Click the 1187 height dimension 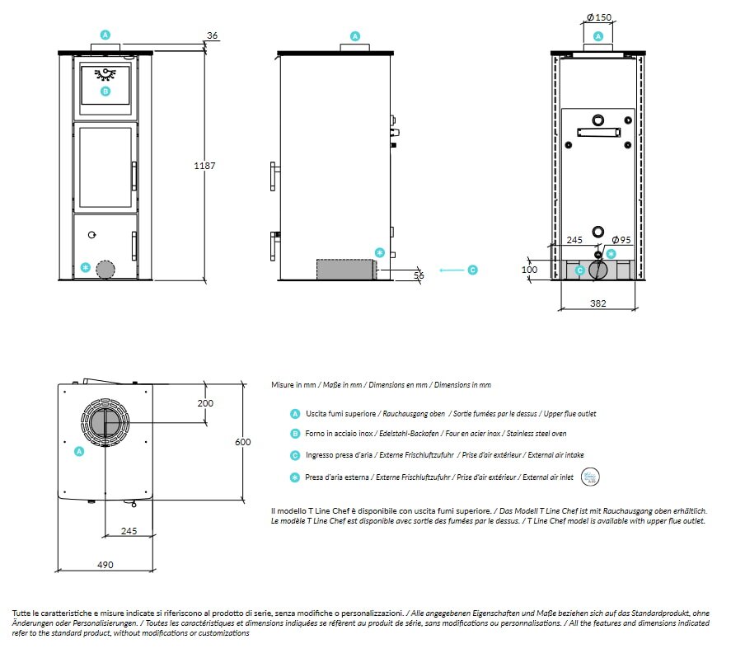pos(204,166)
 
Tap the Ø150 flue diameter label pos(599,17)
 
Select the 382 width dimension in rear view pos(598,303)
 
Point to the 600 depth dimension pos(243,442)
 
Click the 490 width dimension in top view pos(105,565)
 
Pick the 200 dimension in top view pos(205,403)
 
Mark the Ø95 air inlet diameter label pos(621,240)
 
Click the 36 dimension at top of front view pos(212,35)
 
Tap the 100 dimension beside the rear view pos(530,270)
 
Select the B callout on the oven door pos(105,91)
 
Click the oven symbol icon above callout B pos(105,73)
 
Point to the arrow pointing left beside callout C pos(452,270)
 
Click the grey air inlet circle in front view pos(105,270)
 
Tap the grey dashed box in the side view pos(346,270)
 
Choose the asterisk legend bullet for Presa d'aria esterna pos(295,477)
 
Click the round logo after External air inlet pos(590,477)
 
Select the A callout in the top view pos(79,451)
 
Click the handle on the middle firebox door pos(134,176)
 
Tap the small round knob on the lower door pos(91,235)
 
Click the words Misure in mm pos(293,385)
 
